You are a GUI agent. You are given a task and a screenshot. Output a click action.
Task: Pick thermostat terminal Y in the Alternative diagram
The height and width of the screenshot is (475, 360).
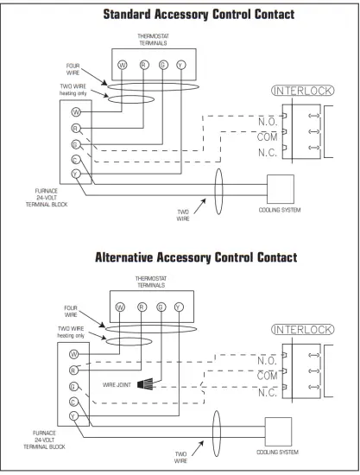point(179,306)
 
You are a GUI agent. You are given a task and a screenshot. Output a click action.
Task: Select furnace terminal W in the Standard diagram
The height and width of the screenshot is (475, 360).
point(76,111)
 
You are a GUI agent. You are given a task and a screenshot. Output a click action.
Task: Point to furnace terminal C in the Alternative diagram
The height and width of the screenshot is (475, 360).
point(76,402)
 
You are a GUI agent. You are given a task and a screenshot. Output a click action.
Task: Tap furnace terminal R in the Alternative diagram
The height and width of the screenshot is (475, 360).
point(76,370)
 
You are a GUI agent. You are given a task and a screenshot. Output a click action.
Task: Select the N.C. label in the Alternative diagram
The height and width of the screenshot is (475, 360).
point(268,391)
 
